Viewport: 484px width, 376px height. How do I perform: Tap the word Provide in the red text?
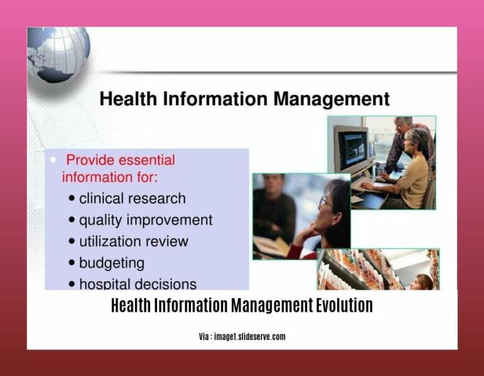[x=89, y=160]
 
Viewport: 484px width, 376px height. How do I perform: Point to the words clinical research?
[x=132, y=198]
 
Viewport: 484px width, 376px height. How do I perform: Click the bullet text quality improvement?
[x=146, y=220]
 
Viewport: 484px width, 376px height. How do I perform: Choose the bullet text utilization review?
[x=134, y=241]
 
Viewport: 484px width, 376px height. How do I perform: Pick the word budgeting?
[x=112, y=263]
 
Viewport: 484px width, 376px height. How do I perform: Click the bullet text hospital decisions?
[x=137, y=284]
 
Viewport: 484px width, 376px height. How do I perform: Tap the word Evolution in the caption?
[x=343, y=306]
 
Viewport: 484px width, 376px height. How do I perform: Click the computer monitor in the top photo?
[x=352, y=149]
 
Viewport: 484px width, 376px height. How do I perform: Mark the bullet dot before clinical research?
[x=72, y=199]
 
